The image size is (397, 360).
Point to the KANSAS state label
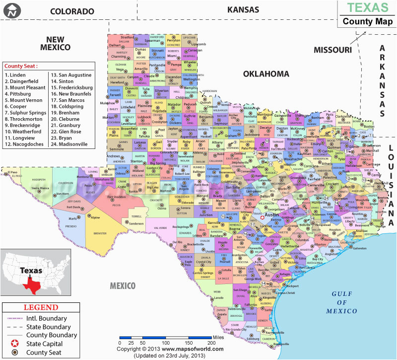tap(243, 9)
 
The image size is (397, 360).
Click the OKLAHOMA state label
tap(266, 73)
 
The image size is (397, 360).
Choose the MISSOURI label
tap(332, 50)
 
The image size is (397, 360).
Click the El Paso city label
tap(13, 172)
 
